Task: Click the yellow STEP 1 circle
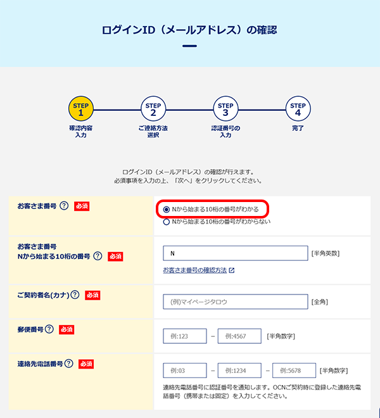[81, 109]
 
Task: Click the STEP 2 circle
[153, 109]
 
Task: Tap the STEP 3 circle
[225, 109]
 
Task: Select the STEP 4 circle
[298, 109]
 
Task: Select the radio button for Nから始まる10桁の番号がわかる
[167, 210]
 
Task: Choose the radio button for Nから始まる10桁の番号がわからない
[167, 222]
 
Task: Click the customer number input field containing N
[236, 253]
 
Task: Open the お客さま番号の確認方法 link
[195, 270]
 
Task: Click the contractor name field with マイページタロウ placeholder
[236, 301]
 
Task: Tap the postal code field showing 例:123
[185, 336]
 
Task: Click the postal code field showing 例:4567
[239, 336]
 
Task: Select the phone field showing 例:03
[185, 370]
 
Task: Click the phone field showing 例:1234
[239, 370]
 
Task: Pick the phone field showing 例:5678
[294, 370]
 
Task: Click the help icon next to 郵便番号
[49, 329]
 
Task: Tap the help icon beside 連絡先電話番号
[69, 364]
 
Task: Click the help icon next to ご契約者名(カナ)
[75, 295]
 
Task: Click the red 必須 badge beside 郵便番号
[66, 330]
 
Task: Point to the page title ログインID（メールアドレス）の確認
[189, 30]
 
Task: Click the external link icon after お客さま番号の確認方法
[232, 270]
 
